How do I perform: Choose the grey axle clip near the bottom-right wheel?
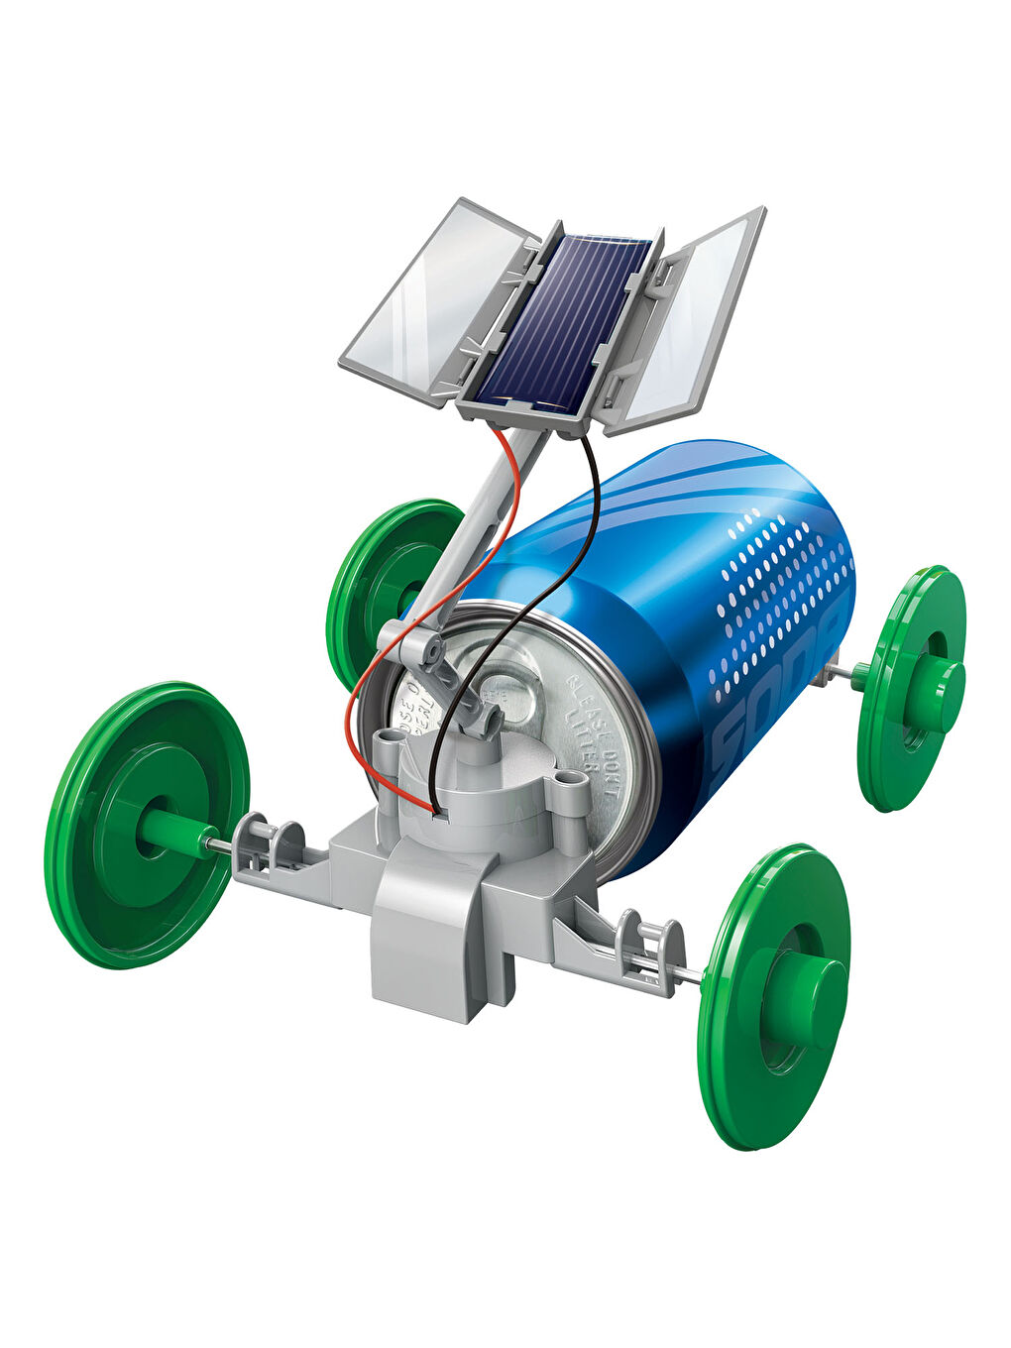pyautogui.click(x=649, y=947)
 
